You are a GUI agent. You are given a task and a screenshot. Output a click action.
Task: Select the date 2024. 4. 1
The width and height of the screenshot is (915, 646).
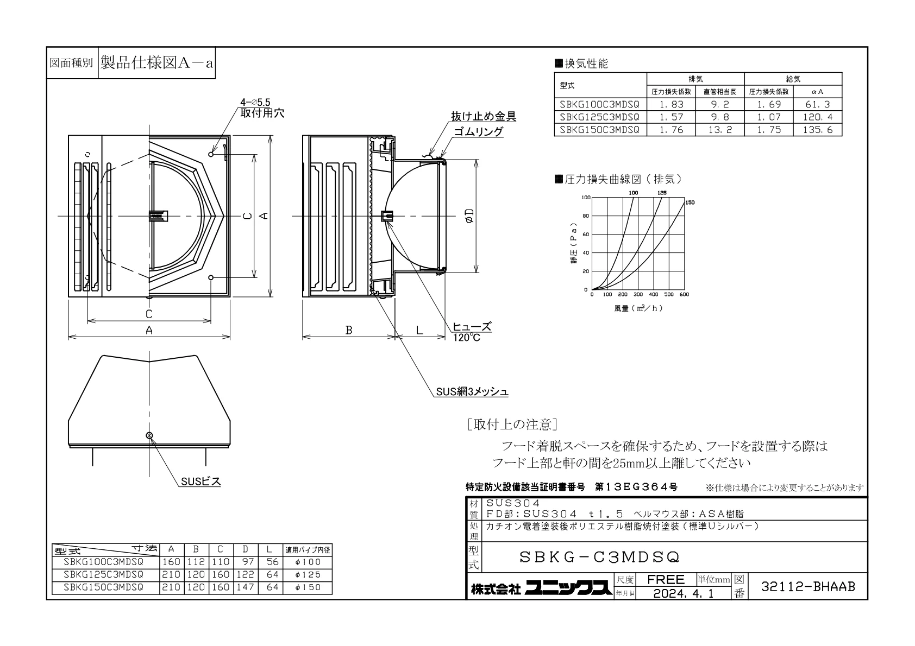point(684,593)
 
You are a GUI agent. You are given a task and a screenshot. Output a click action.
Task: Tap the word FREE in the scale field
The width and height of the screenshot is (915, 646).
point(666,579)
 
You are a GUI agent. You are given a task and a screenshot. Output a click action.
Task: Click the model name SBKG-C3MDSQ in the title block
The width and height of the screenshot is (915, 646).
point(600,557)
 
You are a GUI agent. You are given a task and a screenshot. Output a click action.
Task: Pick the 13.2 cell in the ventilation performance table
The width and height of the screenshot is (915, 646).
point(720,130)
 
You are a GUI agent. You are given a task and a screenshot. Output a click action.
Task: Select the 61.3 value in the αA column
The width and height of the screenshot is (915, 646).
point(818,104)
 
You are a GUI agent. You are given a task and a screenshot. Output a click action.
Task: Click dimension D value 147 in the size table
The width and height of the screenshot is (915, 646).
point(245,587)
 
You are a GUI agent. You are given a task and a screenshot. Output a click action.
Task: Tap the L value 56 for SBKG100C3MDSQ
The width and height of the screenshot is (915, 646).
point(272,562)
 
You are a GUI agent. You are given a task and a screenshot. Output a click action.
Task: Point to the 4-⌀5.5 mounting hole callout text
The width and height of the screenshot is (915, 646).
point(255,103)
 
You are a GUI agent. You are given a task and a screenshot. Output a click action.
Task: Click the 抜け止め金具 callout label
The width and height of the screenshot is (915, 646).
point(484,116)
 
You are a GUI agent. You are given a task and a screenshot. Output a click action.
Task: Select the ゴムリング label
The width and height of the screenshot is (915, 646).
point(478,131)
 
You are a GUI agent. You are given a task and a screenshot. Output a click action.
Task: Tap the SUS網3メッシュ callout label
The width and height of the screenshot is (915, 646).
point(472,392)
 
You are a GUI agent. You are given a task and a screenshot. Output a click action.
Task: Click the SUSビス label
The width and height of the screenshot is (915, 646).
point(201,482)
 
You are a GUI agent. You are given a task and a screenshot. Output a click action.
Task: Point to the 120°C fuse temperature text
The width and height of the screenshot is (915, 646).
point(467,338)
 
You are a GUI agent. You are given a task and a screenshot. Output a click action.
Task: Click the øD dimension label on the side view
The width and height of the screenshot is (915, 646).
point(469,216)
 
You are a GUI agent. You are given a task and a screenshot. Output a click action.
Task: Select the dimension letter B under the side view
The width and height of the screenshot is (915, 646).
point(349,330)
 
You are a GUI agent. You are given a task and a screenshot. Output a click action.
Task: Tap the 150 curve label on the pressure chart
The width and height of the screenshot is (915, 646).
point(690,202)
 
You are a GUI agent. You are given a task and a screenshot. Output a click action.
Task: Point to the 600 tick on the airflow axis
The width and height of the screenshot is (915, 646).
point(684,294)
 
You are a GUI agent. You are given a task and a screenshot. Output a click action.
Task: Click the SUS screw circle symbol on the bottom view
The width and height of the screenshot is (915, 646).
point(149,435)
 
